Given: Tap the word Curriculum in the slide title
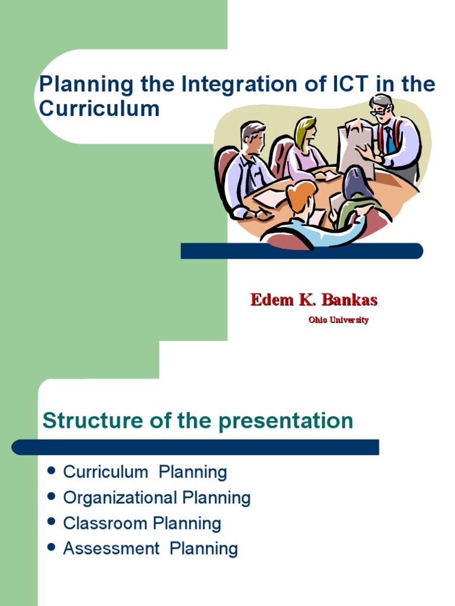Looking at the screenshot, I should pyautogui.click(x=99, y=109).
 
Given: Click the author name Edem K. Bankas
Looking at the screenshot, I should pyautogui.click(x=313, y=299).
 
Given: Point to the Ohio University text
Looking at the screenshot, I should pyautogui.click(x=338, y=320).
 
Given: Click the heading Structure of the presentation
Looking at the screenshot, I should pyautogui.click(x=198, y=421).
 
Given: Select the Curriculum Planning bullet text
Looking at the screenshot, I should pyautogui.click(x=145, y=472).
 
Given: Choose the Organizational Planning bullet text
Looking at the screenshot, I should pyautogui.click(x=157, y=498).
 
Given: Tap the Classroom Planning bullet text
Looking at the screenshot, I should pyautogui.click(x=142, y=523).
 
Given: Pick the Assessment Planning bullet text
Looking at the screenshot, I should pyautogui.click(x=150, y=549).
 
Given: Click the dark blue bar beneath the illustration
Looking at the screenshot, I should pyautogui.click(x=302, y=251).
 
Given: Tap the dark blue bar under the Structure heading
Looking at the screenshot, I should pyautogui.click(x=196, y=447).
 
